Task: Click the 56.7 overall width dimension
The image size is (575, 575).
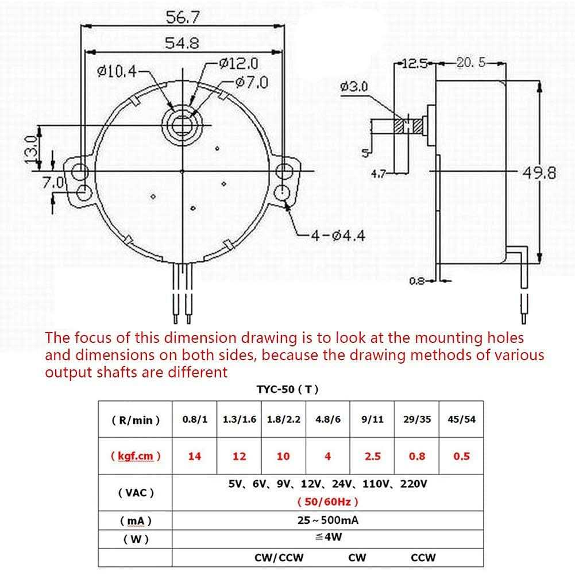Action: (x=182, y=18)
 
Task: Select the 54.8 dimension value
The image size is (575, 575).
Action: (x=182, y=44)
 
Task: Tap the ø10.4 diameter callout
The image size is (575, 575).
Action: (x=117, y=71)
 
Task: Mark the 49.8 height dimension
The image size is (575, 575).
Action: (x=539, y=172)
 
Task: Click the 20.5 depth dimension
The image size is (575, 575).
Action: (x=470, y=63)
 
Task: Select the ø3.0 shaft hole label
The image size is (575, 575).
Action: (x=354, y=87)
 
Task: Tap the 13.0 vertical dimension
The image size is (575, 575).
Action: (x=33, y=149)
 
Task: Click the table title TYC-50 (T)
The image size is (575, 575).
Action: (x=287, y=389)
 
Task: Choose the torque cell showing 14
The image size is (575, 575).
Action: (x=195, y=456)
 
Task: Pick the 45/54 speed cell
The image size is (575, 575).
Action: (x=461, y=419)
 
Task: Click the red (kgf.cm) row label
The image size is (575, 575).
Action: (x=136, y=456)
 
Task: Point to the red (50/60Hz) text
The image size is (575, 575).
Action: (x=327, y=501)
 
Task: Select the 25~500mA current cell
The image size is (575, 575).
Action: (x=327, y=521)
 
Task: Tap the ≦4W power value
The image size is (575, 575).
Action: (x=327, y=538)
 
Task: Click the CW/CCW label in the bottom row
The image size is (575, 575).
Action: (x=279, y=557)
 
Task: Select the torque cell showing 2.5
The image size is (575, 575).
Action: (x=372, y=456)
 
